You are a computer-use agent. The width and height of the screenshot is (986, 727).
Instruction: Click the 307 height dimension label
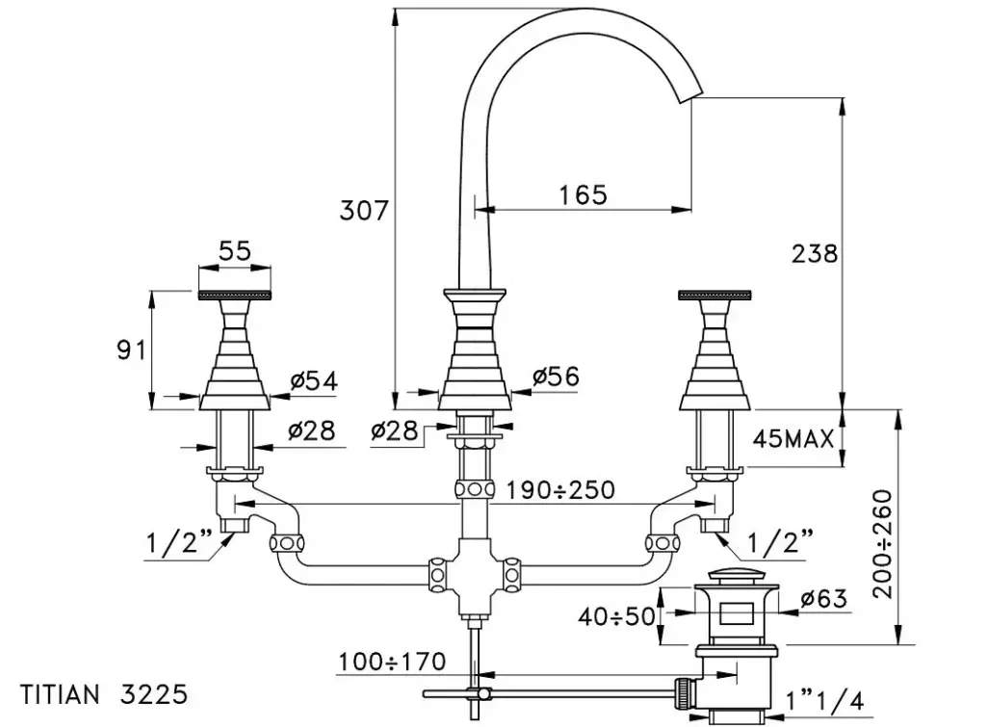pyautogui.click(x=364, y=210)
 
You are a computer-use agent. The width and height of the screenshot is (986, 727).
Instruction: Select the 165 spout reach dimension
pyautogui.click(x=584, y=195)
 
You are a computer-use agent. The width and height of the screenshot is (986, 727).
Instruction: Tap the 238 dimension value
pyautogui.click(x=815, y=254)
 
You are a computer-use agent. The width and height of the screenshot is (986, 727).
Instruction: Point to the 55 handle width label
pyautogui.click(x=234, y=251)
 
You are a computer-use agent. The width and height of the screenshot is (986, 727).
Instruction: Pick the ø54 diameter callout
pyautogui.click(x=314, y=381)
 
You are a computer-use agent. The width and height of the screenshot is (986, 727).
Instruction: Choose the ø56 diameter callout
pyautogui.click(x=556, y=376)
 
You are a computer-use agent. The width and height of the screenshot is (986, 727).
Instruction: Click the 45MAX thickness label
pyautogui.click(x=792, y=440)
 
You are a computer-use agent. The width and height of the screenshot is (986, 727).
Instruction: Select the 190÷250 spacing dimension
pyautogui.click(x=560, y=489)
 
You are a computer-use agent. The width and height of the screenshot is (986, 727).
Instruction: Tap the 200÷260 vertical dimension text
pyautogui.click(x=882, y=543)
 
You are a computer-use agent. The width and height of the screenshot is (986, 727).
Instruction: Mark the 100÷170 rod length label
pyautogui.click(x=392, y=662)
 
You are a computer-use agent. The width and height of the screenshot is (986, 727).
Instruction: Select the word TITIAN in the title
pyautogui.click(x=60, y=693)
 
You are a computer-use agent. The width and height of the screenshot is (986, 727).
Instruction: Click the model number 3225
pyautogui.click(x=154, y=693)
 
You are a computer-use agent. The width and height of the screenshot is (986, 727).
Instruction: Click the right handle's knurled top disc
pyautogui.click(x=714, y=294)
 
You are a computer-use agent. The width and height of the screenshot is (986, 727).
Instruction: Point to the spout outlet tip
pyautogui.click(x=692, y=100)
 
